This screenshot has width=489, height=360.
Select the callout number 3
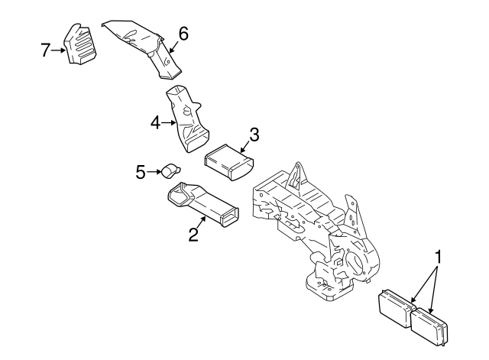pos(254,135)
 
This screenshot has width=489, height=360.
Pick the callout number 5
pos(141,172)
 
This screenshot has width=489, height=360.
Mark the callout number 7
pos(45,50)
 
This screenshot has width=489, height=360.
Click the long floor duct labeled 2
pos(205,205)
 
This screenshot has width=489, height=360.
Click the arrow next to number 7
pos(58,51)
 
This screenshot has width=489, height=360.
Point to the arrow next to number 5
pos(154,171)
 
